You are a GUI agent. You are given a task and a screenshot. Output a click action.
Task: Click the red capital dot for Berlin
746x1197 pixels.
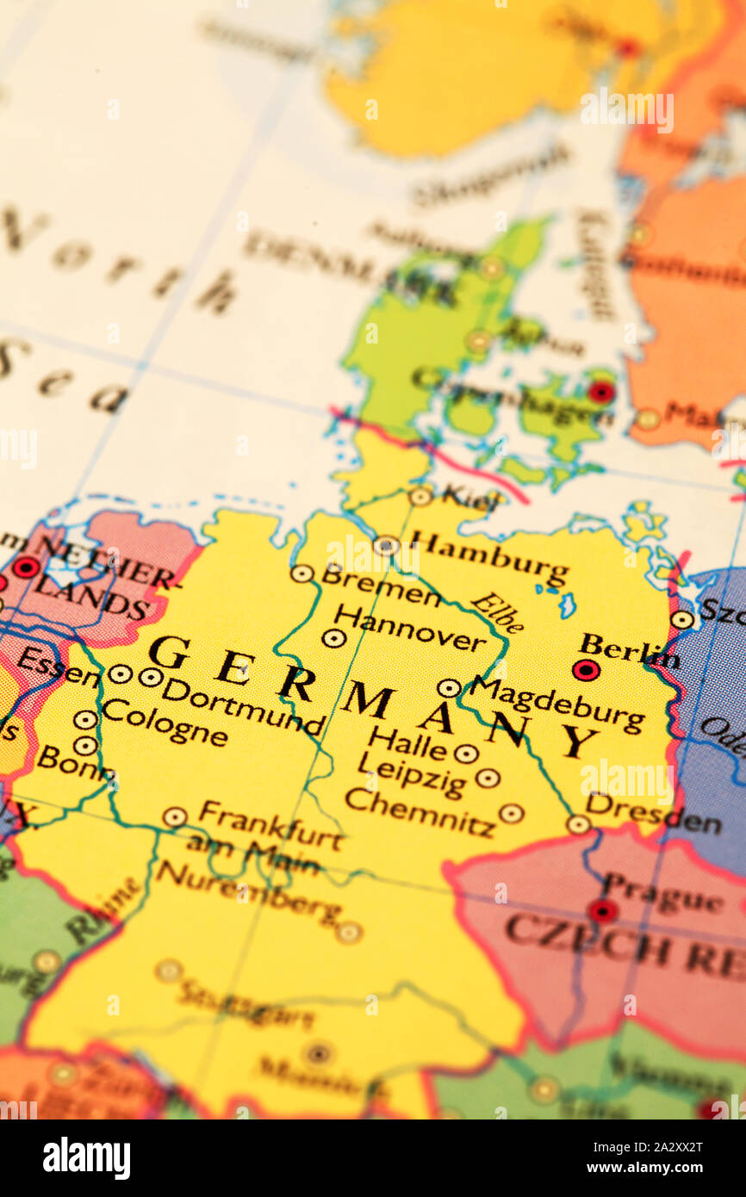click(x=586, y=669)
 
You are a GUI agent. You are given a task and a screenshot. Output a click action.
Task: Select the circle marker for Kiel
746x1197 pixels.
click(x=420, y=496)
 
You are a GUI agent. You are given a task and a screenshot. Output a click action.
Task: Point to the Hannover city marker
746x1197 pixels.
click(x=333, y=638)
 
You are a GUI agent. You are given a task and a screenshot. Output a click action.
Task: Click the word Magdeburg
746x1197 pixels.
click(x=556, y=705)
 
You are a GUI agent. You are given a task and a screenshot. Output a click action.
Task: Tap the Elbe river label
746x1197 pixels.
click(x=497, y=612)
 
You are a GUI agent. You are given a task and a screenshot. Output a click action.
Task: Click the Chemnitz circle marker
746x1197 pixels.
click(x=511, y=813)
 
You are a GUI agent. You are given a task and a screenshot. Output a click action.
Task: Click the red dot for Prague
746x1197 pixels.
click(x=602, y=910)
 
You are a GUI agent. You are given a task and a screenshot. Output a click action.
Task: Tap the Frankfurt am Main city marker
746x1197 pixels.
click(x=175, y=816)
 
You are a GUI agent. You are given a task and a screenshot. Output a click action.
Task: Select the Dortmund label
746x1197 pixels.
click(x=242, y=705)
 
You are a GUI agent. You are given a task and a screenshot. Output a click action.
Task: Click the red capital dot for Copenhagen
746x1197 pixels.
click(x=601, y=392)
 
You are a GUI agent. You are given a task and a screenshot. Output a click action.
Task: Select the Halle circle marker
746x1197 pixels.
click(x=466, y=754)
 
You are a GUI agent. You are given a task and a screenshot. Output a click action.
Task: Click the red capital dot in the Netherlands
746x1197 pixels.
click(x=26, y=567)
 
